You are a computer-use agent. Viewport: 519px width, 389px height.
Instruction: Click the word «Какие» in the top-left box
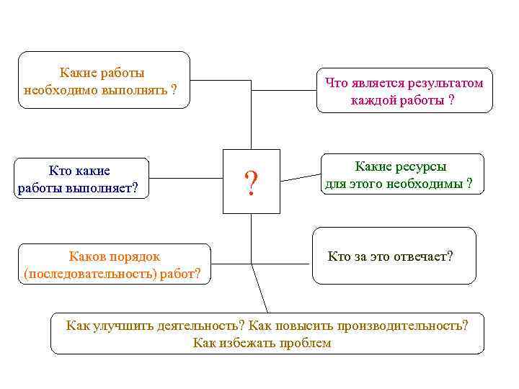pyautogui.click(x=76, y=73)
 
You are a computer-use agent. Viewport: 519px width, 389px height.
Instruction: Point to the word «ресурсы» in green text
pyautogui.click(x=422, y=167)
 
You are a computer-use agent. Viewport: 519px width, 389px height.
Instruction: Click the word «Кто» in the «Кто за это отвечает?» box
pyautogui.click(x=338, y=256)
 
